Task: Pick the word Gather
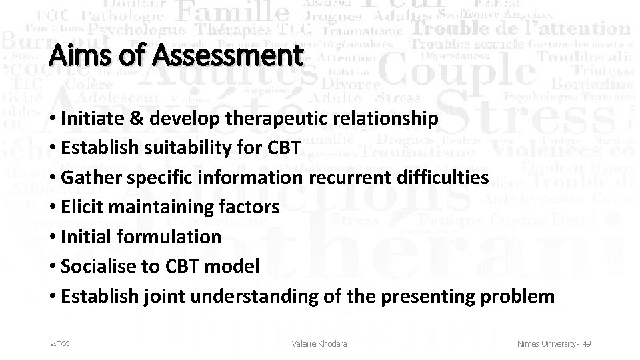(90, 178)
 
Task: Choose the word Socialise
(93, 267)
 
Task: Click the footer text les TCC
(59, 343)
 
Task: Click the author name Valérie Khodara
(320, 343)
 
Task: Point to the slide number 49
(586, 343)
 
